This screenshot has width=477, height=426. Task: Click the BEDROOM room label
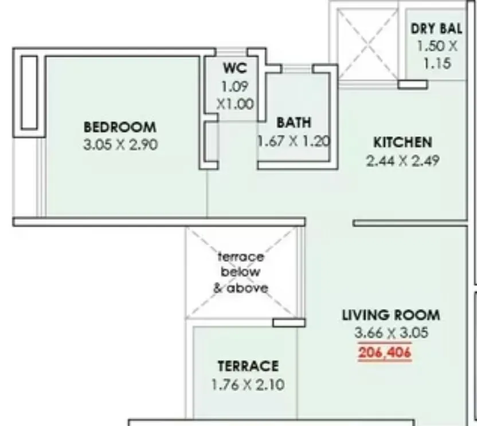(120, 127)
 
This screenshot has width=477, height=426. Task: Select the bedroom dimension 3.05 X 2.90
(120, 145)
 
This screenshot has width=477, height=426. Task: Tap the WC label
(235, 68)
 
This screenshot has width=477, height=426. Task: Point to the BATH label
(294, 123)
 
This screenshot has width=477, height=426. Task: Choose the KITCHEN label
(402, 142)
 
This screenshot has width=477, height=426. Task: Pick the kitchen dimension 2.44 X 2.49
(402, 161)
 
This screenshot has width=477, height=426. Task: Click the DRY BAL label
(437, 29)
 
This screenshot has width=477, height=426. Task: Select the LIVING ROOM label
(391, 315)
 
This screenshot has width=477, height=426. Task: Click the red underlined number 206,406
(385, 353)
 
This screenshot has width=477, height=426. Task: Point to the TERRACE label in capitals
(248, 366)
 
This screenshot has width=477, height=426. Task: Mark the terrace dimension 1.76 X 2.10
(248, 385)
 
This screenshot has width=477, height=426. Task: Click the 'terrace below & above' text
(241, 273)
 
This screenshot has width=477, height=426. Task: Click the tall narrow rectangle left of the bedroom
(29, 92)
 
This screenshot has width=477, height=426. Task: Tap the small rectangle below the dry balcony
(413, 84)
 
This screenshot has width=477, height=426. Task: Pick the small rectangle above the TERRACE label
(288, 322)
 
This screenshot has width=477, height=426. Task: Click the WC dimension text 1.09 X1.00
(235, 96)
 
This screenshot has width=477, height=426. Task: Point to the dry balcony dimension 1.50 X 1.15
(437, 54)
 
